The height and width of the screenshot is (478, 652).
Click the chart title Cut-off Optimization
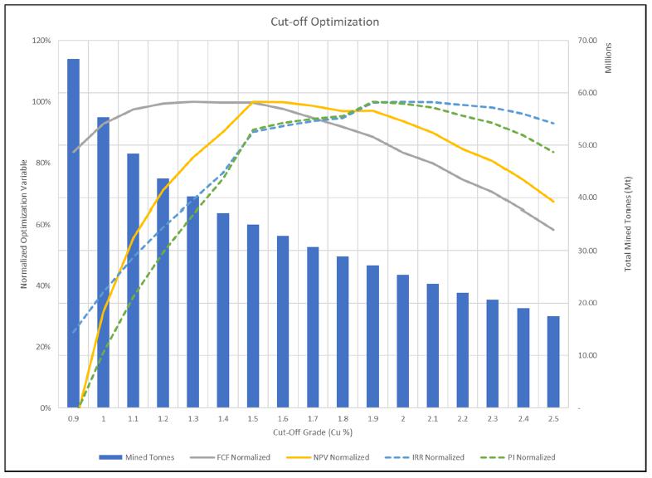click(x=324, y=22)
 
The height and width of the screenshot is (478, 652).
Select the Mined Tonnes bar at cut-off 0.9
click(x=73, y=233)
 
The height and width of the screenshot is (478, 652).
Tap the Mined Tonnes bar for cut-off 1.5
click(x=253, y=316)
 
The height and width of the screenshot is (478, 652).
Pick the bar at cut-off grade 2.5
click(x=553, y=362)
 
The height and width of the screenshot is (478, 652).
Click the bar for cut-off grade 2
click(x=402, y=341)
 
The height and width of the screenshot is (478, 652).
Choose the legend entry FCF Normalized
click(x=230, y=457)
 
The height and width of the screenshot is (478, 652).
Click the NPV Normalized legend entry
click(x=328, y=457)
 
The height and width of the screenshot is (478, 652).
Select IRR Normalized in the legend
click(x=425, y=457)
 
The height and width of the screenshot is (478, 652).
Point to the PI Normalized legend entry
click(x=518, y=457)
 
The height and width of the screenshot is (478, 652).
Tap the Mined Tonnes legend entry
click(x=137, y=457)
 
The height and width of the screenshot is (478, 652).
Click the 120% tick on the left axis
click(x=41, y=41)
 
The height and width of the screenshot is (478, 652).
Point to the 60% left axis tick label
click(x=43, y=225)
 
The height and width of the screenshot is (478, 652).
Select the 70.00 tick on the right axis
click(x=586, y=41)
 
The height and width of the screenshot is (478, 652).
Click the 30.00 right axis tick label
click(x=586, y=251)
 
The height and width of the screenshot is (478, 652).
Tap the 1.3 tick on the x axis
click(x=193, y=419)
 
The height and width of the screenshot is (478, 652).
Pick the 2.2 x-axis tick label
click(x=462, y=419)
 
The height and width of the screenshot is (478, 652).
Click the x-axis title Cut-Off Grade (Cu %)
click(x=313, y=432)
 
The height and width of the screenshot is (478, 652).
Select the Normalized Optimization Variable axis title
click(x=24, y=224)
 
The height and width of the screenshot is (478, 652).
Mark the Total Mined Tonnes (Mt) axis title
click(x=628, y=224)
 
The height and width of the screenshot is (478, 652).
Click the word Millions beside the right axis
click(x=608, y=58)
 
